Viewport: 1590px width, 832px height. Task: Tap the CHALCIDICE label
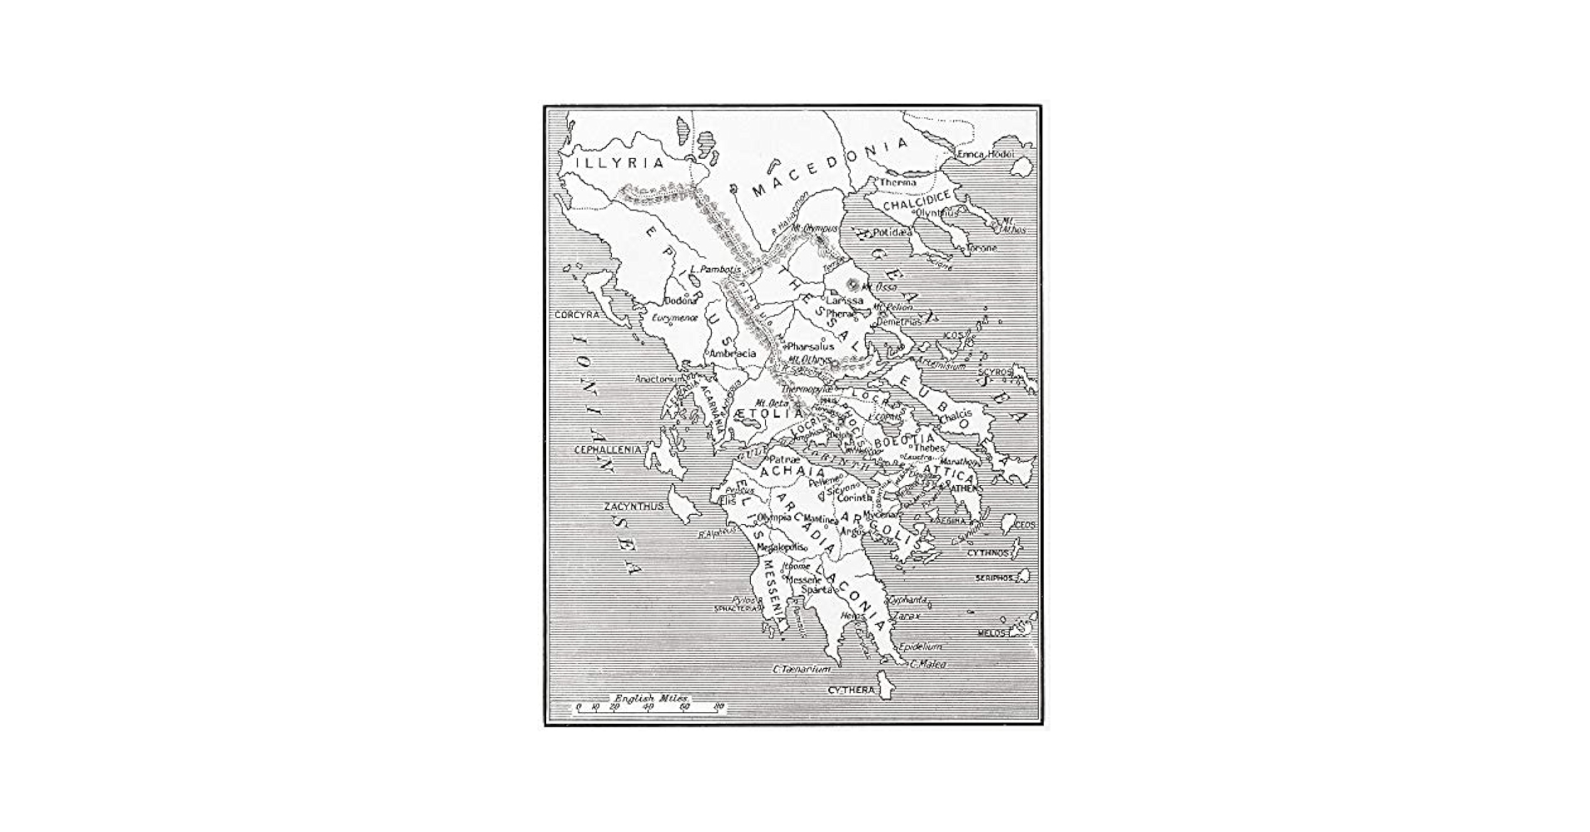tap(916, 204)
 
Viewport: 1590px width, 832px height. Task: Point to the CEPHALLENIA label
tap(609, 449)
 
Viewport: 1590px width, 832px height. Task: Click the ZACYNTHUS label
tap(634, 506)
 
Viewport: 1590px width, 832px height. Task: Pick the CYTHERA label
tap(852, 691)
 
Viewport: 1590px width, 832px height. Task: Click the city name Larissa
tap(844, 300)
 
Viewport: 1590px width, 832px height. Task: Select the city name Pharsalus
tap(810, 346)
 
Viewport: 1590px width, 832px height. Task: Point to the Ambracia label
tap(733, 354)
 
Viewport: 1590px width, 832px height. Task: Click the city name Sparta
tap(816, 589)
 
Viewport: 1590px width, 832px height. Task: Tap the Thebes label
tap(930, 448)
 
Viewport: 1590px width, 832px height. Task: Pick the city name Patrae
tap(784, 458)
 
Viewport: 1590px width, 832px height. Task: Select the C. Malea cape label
tap(928, 664)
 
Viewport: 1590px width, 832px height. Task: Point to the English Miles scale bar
tap(650, 706)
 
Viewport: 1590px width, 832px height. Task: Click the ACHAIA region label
tap(787, 472)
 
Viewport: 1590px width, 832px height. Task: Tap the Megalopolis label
tap(781, 547)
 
